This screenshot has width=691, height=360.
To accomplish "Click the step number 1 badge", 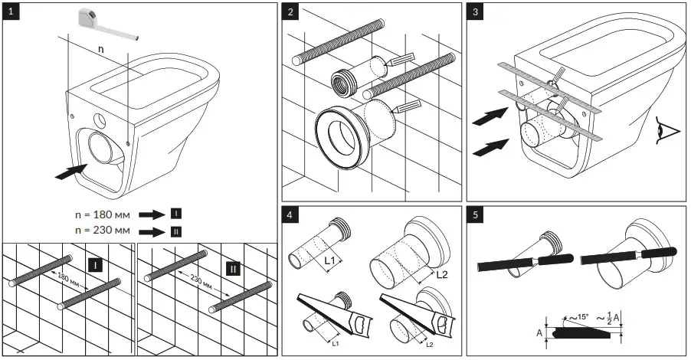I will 11,12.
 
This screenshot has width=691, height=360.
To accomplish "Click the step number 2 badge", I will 291,12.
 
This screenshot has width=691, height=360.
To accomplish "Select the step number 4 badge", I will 291,215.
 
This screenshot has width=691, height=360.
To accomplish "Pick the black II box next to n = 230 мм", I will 175,229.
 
